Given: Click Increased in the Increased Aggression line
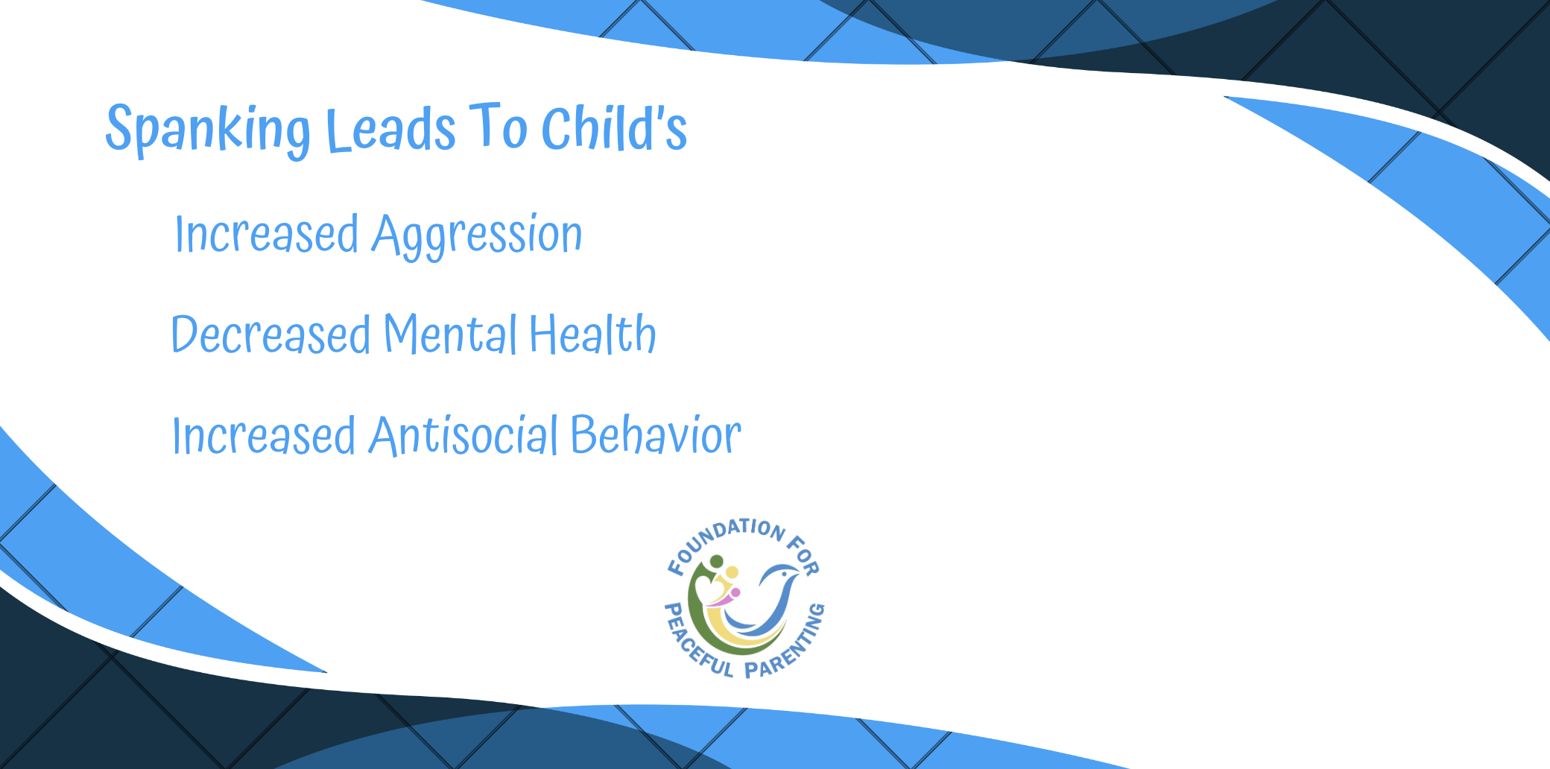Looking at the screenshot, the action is pyautogui.click(x=267, y=234).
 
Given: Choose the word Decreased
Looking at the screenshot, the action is pyautogui.click(x=271, y=334).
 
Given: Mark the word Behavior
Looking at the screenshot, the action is pyautogui.click(x=657, y=434).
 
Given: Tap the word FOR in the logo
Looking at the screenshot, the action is pyautogui.click(x=804, y=555).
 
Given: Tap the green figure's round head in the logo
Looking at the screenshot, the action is pyautogui.click(x=717, y=561).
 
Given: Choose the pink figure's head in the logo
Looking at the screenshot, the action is pyautogui.click(x=736, y=593).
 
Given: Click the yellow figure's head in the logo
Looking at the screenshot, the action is pyautogui.click(x=732, y=572).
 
